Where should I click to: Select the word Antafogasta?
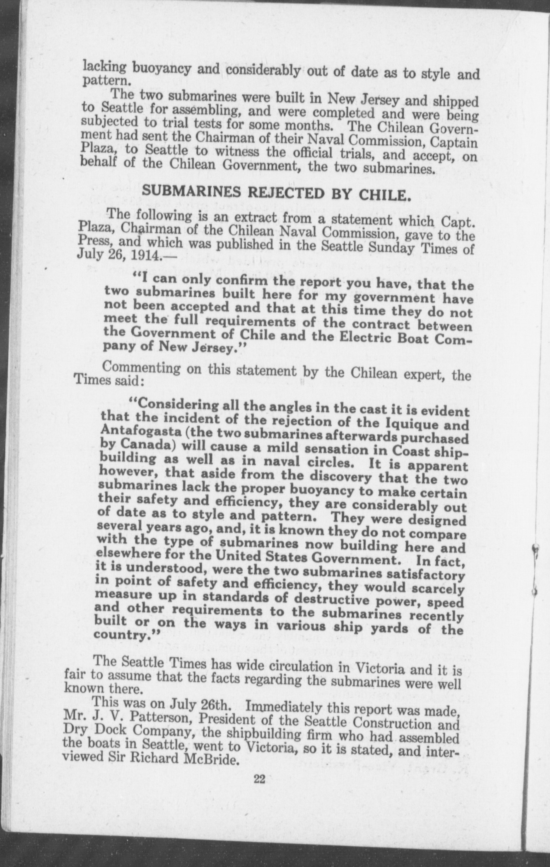click(134, 430)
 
